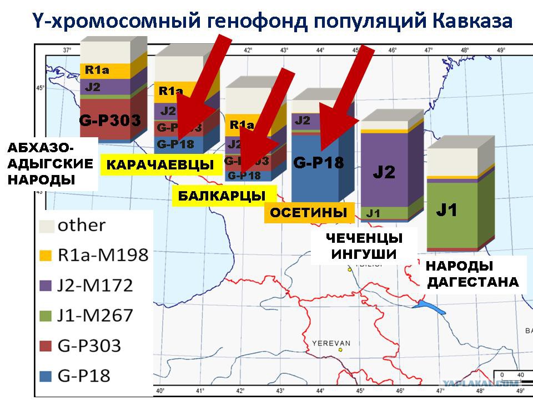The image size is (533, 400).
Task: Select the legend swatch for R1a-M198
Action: pyautogui.click(x=47, y=256)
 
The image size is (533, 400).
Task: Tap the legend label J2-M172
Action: pyautogui.click(x=95, y=286)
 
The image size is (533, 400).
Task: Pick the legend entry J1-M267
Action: pyautogui.click(x=95, y=316)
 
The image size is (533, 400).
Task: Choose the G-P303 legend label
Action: pyautogui.click(x=89, y=346)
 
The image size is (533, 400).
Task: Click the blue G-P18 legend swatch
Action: pyautogui.click(x=47, y=376)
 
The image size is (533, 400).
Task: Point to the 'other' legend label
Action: pyautogui.click(x=81, y=226)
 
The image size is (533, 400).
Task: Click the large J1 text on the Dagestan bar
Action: pyautogui.click(x=446, y=210)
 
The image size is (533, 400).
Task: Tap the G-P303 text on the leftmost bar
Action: pyautogui.click(x=110, y=120)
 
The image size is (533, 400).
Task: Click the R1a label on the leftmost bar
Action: pyautogui.click(x=97, y=71)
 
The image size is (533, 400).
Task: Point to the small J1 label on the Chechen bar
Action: pyautogui.click(x=373, y=213)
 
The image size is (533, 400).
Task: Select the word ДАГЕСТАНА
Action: pyautogui.click(x=472, y=282)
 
